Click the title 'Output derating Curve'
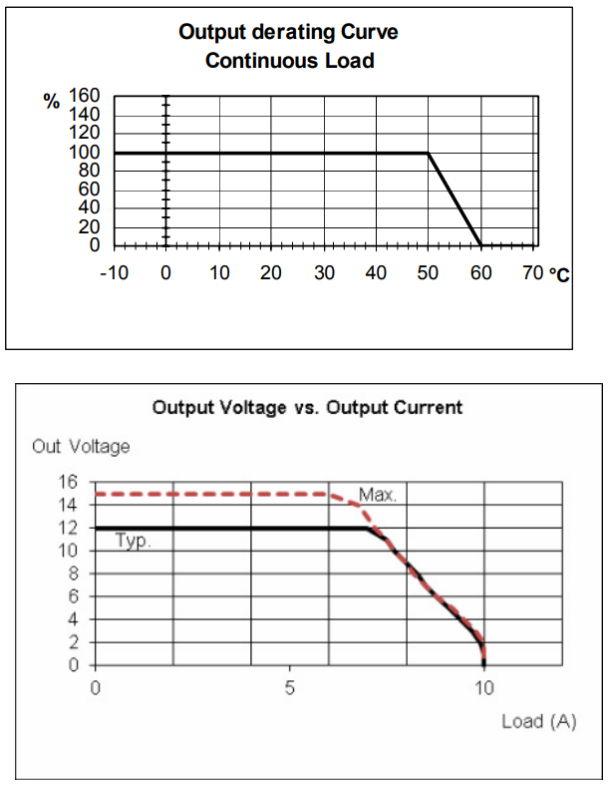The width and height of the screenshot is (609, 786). [x=288, y=32]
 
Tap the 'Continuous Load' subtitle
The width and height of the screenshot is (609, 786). [x=289, y=61]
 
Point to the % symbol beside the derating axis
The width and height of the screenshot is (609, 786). [x=51, y=101]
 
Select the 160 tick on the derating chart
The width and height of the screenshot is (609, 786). [x=85, y=96]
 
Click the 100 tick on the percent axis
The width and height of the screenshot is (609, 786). [x=85, y=153]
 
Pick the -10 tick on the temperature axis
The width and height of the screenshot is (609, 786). [x=114, y=272]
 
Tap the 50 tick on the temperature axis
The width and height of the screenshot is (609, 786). [x=429, y=272]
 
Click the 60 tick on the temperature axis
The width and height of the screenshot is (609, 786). [x=481, y=272]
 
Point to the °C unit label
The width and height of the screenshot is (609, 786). [x=559, y=273]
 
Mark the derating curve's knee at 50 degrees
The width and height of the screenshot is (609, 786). [x=429, y=153]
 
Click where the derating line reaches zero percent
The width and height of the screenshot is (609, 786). [x=481, y=245]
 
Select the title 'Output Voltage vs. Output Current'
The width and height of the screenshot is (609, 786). [x=307, y=407]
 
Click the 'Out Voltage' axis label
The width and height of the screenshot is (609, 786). [x=81, y=446]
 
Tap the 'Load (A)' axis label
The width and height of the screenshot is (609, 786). [x=538, y=721]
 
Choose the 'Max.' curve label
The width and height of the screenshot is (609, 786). [x=378, y=494]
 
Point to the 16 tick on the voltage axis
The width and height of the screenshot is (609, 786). [x=69, y=481]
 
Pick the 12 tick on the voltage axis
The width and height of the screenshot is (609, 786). [x=69, y=528]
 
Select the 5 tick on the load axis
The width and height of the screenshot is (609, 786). [x=290, y=687]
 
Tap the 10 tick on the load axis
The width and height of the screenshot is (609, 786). [x=483, y=687]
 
